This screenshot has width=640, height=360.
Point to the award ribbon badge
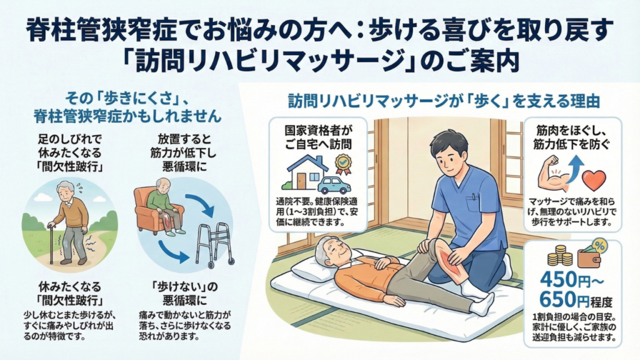coord(343,164)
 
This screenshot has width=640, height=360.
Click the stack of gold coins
coord(560,256)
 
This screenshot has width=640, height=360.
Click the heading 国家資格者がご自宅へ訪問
coord(318,137)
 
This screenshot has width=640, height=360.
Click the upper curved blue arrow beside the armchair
coord(201,205)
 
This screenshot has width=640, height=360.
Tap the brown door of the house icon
coord(301,181)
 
